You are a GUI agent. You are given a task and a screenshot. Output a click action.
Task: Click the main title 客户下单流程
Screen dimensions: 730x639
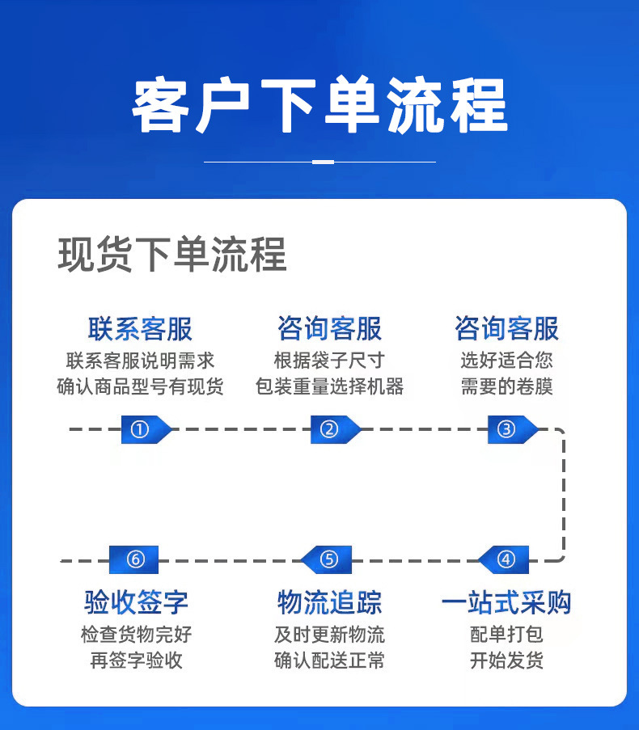click(319, 106)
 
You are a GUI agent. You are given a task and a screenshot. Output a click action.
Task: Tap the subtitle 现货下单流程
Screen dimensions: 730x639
click(172, 255)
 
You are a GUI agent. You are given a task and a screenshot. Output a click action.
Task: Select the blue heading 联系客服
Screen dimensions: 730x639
click(140, 329)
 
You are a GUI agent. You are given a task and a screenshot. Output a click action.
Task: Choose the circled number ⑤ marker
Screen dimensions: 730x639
click(329, 559)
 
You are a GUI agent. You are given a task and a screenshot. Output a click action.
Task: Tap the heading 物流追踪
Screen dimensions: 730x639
click(329, 602)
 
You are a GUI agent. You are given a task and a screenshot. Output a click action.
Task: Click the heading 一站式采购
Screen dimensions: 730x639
click(506, 602)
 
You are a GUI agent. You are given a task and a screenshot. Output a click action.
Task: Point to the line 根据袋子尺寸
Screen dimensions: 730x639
click(329, 361)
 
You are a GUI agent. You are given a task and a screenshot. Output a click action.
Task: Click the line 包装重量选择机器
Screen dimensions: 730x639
click(329, 386)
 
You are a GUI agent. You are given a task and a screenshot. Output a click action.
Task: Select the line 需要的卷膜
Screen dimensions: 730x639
click(506, 386)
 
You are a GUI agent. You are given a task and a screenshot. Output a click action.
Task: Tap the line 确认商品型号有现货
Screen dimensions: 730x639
click(140, 386)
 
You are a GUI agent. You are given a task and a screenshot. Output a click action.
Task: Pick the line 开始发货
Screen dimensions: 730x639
click(506, 660)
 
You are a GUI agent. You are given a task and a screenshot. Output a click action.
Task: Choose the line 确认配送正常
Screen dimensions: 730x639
click(329, 660)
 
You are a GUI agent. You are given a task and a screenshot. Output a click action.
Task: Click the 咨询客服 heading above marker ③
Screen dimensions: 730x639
click(506, 329)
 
